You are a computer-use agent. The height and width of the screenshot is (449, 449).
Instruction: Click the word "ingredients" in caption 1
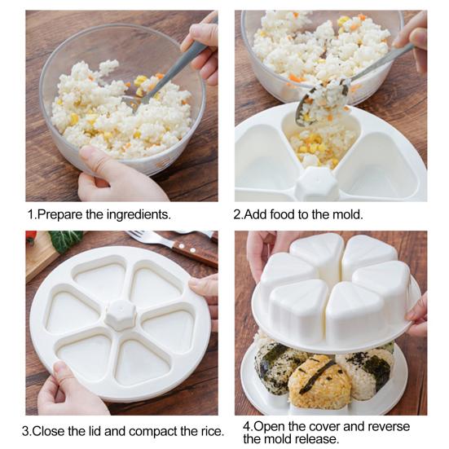tap(139, 215)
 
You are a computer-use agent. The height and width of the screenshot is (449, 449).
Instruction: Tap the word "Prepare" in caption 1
tap(59, 215)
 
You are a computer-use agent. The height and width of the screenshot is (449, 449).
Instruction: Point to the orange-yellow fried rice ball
tap(319, 380)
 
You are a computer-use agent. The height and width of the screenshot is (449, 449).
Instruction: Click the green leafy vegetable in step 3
tap(66, 240)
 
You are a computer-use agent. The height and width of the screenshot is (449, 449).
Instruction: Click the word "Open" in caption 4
tap(269, 427)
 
